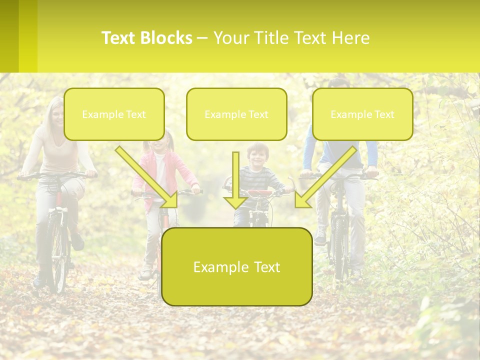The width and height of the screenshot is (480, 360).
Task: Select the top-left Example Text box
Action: (114, 114)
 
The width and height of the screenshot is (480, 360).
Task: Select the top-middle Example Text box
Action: (236, 114)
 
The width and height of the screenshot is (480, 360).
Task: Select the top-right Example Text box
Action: (362, 114)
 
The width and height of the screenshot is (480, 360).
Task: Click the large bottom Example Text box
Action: (237, 266)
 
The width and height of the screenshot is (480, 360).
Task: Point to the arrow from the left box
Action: (147, 177)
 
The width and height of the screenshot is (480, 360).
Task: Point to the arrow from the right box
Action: (325, 177)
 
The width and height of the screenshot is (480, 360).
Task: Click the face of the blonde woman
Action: (56, 116)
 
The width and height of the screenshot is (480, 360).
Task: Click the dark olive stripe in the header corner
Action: (9, 36)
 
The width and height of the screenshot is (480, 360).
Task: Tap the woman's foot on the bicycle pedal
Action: (77, 242)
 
